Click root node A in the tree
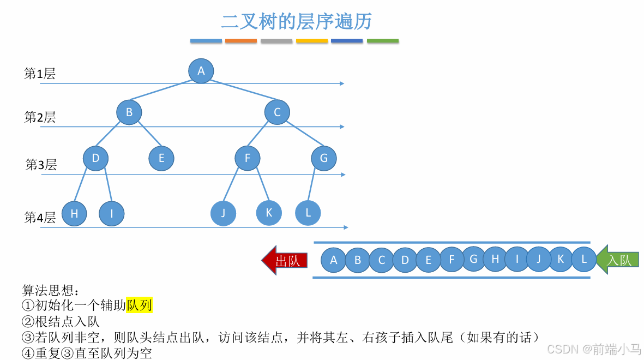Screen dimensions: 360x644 click(x=201, y=71)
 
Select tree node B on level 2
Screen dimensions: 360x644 click(x=129, y=112)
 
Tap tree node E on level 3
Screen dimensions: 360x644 click(x=161, y=158)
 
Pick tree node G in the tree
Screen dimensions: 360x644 click(x=324, y=158)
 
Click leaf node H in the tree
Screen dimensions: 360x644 click(x=75, y=214)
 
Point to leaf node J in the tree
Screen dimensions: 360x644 click(x=223, y=213)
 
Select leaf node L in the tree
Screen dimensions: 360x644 click(x=308, y=213)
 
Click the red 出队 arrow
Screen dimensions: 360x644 click(x=285, y=260)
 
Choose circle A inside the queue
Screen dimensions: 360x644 click(x=334, y=260)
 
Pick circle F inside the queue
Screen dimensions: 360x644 click(x=452, y=260)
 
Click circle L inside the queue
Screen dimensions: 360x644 click(x=584, y=259)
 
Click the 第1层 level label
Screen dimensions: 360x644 click(x=40, y=74)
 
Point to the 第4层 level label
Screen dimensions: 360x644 click(x=40, y=218)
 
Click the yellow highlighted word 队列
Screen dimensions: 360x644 click(x=139, y=305)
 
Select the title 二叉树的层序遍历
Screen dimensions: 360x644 click(x=297, y=21)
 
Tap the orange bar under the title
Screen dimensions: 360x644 click(x=240, y=41)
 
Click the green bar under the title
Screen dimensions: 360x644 click(x=382, y=41)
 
